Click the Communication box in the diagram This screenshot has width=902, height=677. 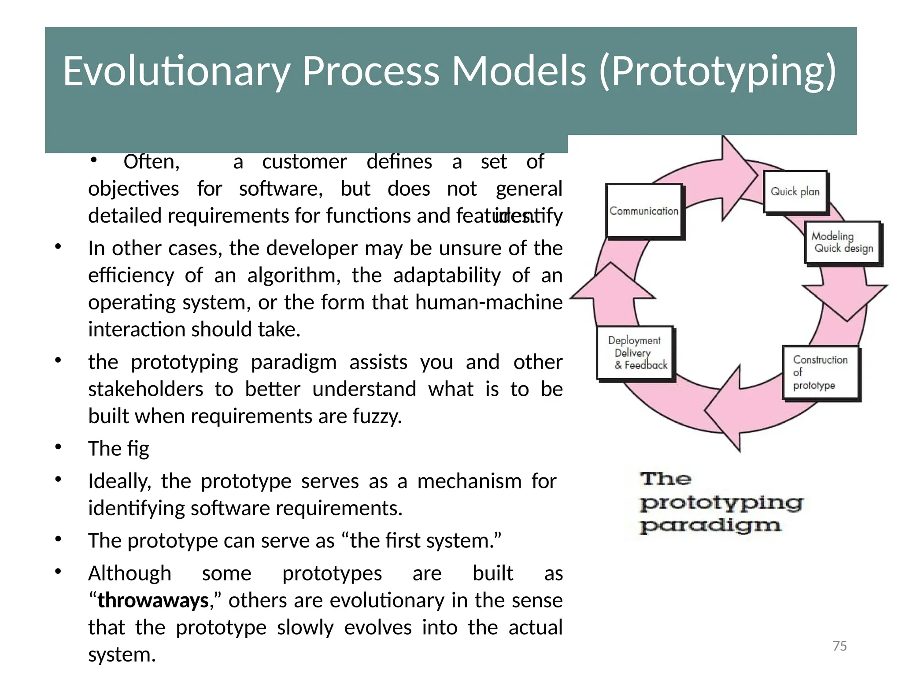coord(643,211)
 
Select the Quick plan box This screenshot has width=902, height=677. coord(795,192)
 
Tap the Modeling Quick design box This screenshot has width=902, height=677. coord(843,242)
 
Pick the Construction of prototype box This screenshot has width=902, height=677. coord(821,373)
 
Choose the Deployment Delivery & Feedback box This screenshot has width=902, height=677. coord(635,353)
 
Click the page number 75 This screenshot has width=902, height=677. coord(839,646)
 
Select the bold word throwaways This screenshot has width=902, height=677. coord(153,600)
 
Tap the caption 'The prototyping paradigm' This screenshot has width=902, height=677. coord(721,502)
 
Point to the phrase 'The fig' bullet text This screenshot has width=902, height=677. coord(118,449)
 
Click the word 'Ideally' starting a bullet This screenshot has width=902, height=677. coord(119,481)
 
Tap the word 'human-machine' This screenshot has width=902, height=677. coord(488,302)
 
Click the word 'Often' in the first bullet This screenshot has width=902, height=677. coord(151,162)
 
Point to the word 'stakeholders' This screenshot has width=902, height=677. coord(146,389)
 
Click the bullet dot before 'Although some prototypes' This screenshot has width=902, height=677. coord(58,572)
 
